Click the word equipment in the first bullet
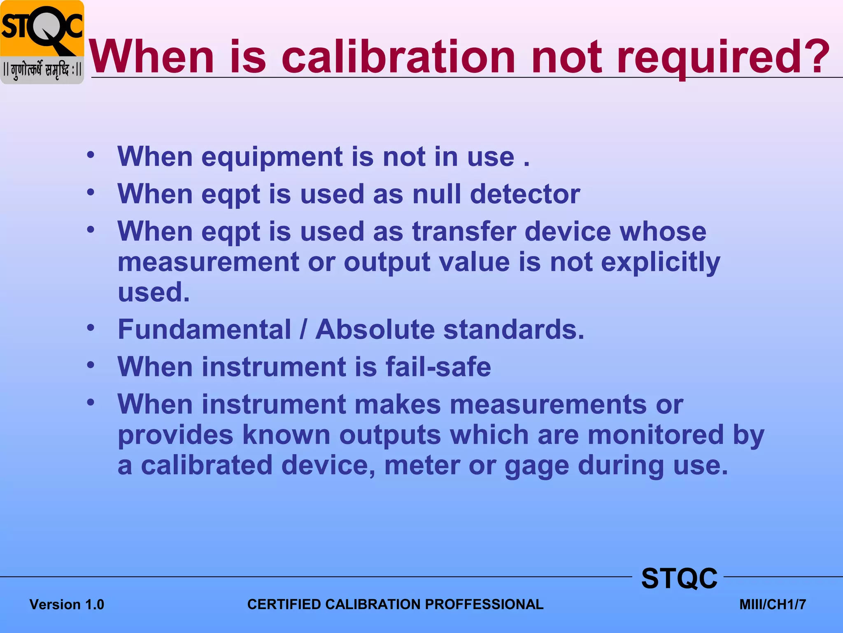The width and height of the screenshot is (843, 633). (x=272, y=157)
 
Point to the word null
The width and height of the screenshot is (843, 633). (x=436, y=194)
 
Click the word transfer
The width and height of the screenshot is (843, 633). (x=464, y=232)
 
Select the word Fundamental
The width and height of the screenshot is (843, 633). (x=205, y=330)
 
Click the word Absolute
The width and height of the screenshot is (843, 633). (x=375, y=330)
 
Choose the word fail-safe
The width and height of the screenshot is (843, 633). (x=438, y=367)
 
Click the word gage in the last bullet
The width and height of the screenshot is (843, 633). (x=537, y=466)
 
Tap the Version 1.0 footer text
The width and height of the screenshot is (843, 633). (x=67, y=605)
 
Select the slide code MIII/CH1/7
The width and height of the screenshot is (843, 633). (x=773, y=605)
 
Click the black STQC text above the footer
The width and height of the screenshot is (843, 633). (x=679, y=578)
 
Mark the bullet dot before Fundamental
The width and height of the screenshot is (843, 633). (x=91, y=328)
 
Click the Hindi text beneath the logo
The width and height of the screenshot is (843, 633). (x=42, y=70)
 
